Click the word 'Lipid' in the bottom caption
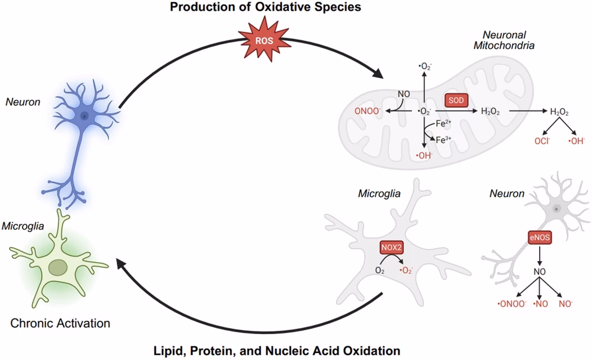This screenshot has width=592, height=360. (x=168, y=350)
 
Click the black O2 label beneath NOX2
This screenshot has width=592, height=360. (x=380, y=271)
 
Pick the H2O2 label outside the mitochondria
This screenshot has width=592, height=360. (x=559, y=112)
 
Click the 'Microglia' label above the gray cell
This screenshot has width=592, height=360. (x=379, y=193)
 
